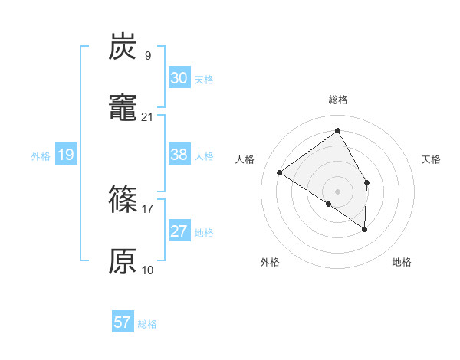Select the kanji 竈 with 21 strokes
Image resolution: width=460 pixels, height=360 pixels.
point(123,109)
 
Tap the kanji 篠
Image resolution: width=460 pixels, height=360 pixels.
point(123,201)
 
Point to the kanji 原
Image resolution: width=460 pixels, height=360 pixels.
point(123,262)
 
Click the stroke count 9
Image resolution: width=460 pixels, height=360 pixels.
point(147,55)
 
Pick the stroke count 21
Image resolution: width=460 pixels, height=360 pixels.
point(147,116)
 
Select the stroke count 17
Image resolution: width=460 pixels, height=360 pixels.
point(147,208)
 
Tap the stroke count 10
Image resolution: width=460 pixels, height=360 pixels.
point(147,270)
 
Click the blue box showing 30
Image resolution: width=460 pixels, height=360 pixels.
point(179,78)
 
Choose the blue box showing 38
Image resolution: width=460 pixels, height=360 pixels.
point(179,155)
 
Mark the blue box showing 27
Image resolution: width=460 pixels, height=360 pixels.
point(179,231)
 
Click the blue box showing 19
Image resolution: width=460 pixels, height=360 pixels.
point(65,155)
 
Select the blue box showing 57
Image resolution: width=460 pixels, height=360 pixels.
point(123,322)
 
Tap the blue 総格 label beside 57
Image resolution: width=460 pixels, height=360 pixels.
point(147,324)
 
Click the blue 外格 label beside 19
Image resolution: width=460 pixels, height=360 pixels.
point(41,156)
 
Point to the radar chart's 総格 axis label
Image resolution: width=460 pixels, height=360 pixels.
point(338,100)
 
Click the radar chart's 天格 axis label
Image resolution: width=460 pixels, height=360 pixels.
point(431,159)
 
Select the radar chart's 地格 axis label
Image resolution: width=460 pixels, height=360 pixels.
point(402,263)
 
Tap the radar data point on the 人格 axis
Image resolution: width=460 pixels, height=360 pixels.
point(280,172)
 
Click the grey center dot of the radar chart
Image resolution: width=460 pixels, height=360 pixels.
point(338,191)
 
